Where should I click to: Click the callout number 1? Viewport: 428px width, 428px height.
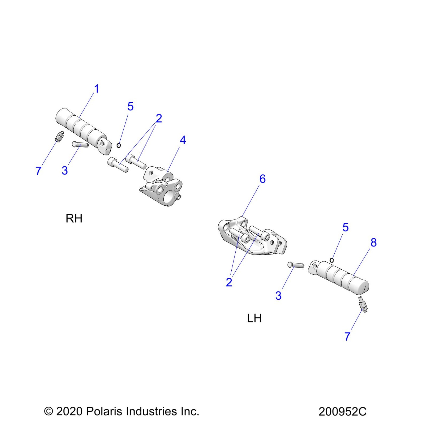[x=97, y=89]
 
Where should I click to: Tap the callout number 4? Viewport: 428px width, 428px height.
[x=183, y=140]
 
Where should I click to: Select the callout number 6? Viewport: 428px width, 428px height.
[x=262, y=179]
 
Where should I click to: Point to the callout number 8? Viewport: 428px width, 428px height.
[x=373, y=242]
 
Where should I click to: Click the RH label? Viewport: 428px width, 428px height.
[x=74, y=218]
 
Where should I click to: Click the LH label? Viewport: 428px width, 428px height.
[x=254, y=318]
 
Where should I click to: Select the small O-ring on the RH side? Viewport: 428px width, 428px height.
[x=119, y=145]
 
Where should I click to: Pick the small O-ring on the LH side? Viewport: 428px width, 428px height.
[x=332, y=260]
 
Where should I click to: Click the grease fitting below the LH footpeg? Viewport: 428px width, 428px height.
[x=363, y=304]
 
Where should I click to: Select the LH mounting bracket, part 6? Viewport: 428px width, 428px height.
[x=252, y=238]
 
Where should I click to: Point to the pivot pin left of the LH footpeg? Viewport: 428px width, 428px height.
[x=296, y=265]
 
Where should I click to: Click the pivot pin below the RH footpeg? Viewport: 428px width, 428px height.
[x=80, y=145]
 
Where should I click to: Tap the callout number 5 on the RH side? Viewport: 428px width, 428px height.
[x=130, y=106]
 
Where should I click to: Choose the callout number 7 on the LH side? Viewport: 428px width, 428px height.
[x=347, y=336]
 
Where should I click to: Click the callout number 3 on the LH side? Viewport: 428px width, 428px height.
[x=278, y=296]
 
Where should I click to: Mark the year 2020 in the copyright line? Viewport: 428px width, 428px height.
[x=69, y=411]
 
